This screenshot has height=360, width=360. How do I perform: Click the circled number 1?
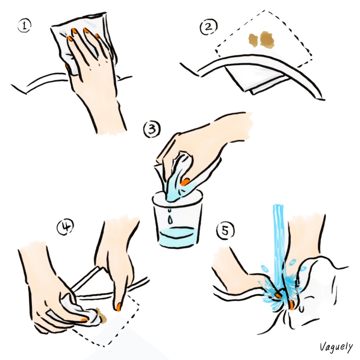tap(24, 25)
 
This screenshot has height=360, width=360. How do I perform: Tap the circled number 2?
tap(208, 27)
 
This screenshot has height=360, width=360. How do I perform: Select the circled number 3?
tap(152, 129)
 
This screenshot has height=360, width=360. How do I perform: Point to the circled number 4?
tap(65, 226)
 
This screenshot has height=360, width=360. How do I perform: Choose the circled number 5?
tap(225, 230)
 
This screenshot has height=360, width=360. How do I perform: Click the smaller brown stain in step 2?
tap(253, 40)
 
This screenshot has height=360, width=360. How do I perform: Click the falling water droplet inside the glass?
tap(170, 219)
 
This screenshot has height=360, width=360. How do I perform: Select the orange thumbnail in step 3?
tap(185, 182)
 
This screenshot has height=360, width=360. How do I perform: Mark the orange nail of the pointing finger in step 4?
tap(118, 306)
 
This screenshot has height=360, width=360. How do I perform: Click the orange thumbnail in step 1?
tap(67, 67)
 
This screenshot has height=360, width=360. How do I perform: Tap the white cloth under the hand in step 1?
tap(82, 41)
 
